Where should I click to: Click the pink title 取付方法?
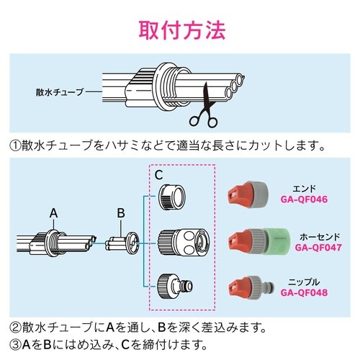(x=180, y=31)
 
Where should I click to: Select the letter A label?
(x=53, y=213)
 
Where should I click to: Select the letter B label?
(x=122, y=213)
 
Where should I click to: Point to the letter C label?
(x=160, y=175)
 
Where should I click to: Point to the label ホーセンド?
(x=318, y=235)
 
